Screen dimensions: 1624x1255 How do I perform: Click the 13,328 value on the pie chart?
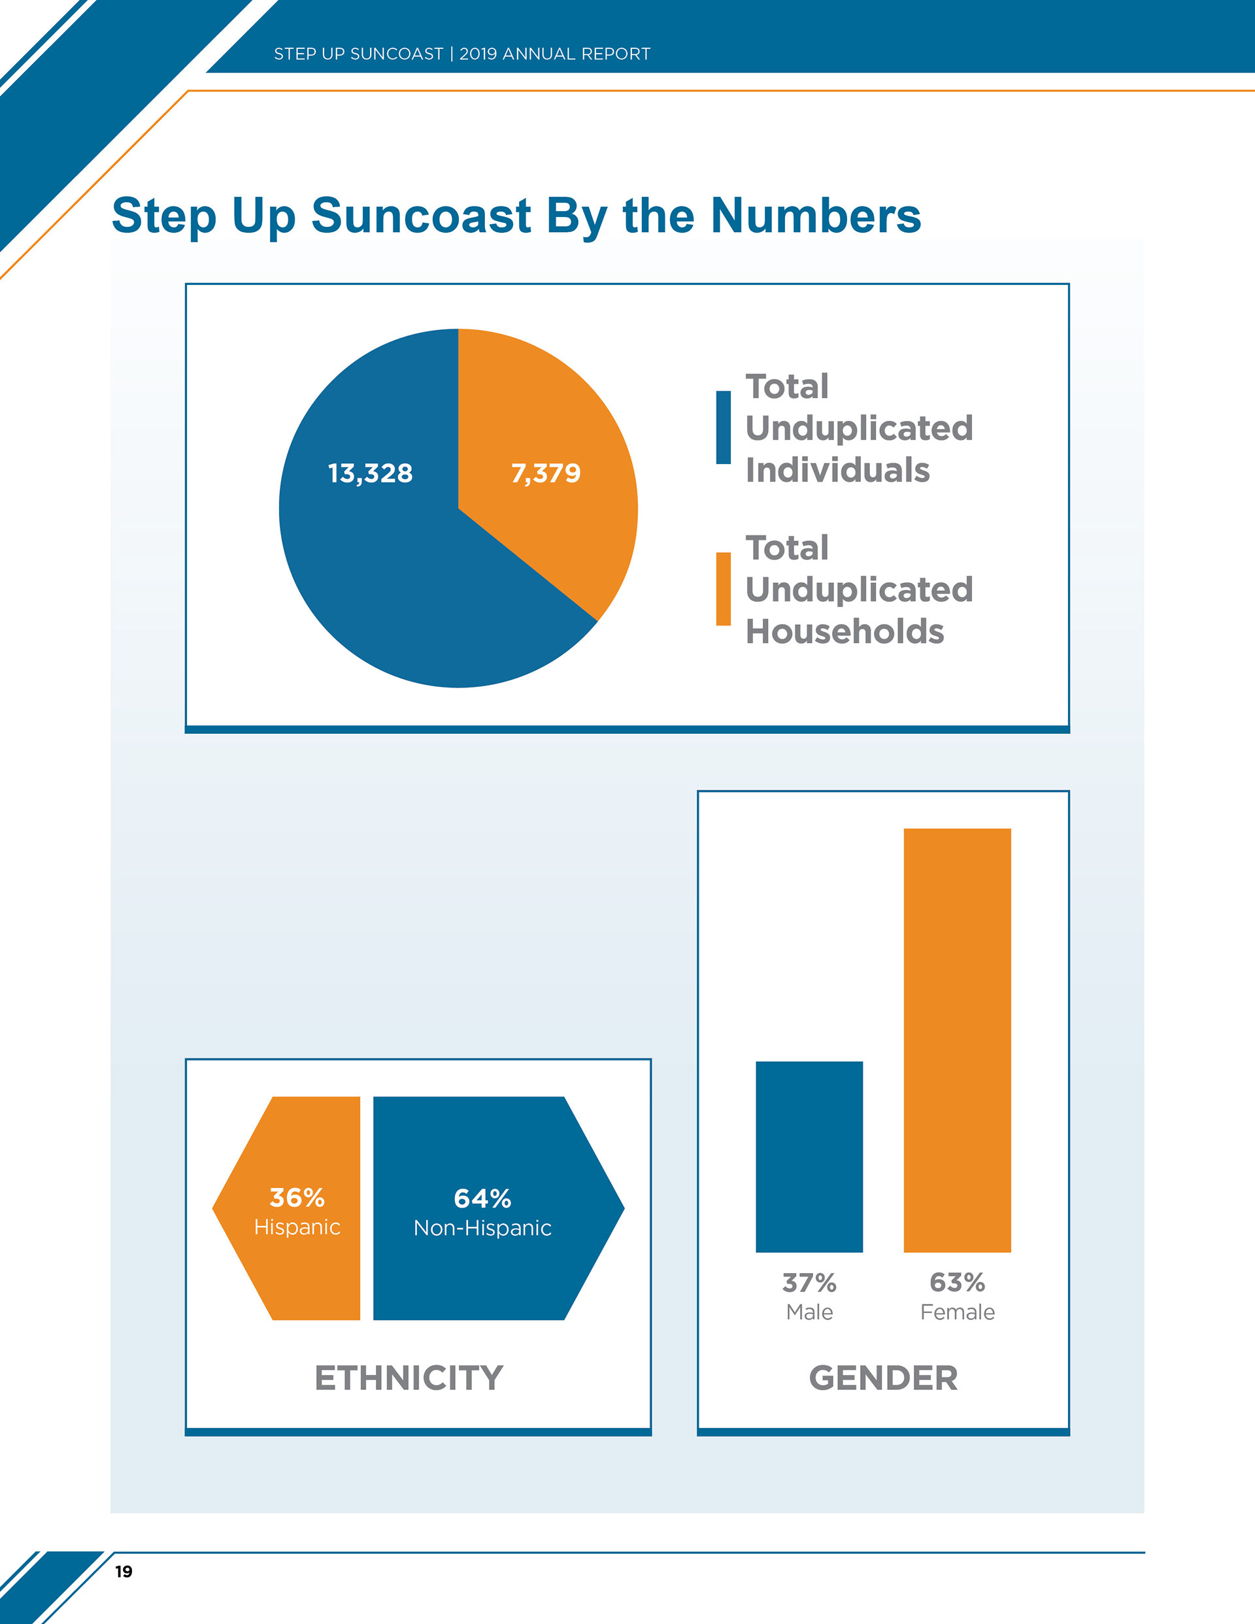point(371,473)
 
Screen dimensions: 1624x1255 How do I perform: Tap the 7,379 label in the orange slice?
point(545,473)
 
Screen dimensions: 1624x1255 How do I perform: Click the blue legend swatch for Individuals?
point(723,427)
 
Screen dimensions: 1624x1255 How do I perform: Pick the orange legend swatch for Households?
point(723,589)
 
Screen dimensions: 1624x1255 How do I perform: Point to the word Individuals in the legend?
point(838,470)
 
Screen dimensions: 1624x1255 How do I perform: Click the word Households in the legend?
point(845,631)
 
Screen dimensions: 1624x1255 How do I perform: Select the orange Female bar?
point(957,1041)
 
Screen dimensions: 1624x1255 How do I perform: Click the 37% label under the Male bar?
point(809,1283)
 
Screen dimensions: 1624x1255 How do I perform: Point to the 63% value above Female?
point(958,1282)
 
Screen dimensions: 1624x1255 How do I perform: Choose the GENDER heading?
point(883,1378)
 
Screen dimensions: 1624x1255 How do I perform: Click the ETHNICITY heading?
point(409,1378)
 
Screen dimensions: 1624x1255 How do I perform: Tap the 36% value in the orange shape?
point(297,1198)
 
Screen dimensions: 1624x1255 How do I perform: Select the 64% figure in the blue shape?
point(482,1199)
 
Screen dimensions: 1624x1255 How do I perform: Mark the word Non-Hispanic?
point(482,1229)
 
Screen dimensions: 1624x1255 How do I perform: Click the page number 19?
point(124,1571)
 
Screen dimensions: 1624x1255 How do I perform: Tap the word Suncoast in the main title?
point(421,216)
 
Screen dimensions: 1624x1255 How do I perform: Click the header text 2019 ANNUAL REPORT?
point(555,54)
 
